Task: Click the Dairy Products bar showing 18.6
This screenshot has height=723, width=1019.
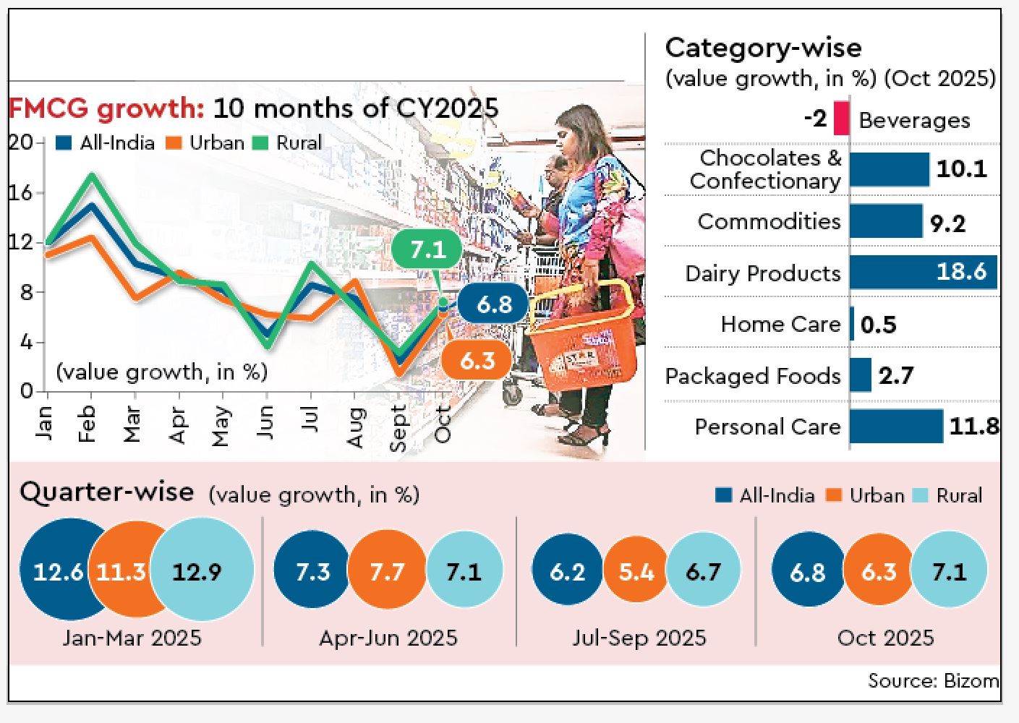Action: [923, 273]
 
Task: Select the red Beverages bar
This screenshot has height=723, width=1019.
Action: [841, 118]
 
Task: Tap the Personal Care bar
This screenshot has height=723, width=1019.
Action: [896, 427]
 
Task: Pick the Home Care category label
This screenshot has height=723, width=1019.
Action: [780, 324]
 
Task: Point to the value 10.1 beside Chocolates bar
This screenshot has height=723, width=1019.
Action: [961, 169]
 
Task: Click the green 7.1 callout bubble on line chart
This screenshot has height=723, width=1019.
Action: [427, 250]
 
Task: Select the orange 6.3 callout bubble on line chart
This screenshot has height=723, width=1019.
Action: [477, 360]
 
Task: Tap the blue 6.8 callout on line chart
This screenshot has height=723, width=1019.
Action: [494, 304]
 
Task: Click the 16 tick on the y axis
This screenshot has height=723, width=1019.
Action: [21, 192]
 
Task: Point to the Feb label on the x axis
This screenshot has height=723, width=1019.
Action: [88, 424]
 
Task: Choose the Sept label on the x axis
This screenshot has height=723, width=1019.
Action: [398, 428]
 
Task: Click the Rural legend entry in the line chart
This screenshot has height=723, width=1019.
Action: [289, 142]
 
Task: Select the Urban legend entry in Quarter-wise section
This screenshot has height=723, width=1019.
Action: [866, 496]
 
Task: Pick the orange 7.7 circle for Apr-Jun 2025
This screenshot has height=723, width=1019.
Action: [387, 571]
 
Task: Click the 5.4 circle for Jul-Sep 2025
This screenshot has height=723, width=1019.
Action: [636, 571]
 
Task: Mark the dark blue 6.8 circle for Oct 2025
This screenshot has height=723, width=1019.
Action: [808, 571]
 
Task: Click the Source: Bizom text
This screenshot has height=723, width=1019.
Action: [933, 681]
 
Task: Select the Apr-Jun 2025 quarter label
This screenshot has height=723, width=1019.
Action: [388, 638]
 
